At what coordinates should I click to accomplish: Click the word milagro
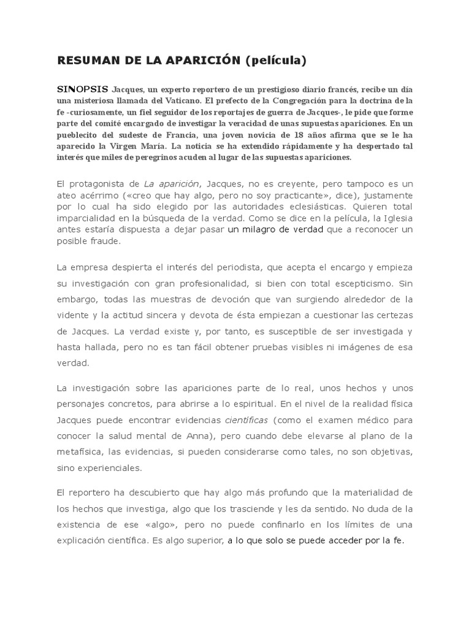coord(265,229)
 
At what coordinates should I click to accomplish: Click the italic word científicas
coord(246,421)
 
